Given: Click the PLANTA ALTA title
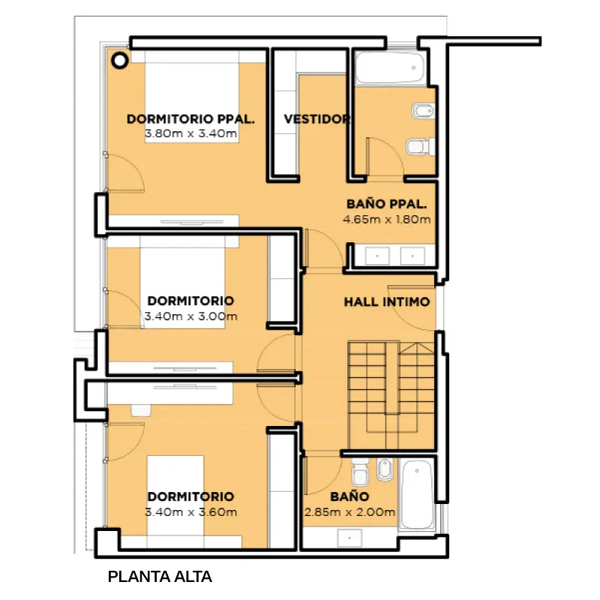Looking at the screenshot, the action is pyautogui.click(x=160, y=577).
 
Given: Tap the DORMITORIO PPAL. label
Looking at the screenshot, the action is pyautogui.click(x=190, y=119).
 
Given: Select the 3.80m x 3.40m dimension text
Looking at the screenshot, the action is pyautogui.click(x=191, y=134).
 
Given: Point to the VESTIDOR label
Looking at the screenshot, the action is pyautogui.click(x=316, y=119).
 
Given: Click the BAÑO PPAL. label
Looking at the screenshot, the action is pyautogui.click(x=386, y=204).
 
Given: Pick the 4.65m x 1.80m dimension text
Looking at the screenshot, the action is pyautogui.click(x=386, y=220).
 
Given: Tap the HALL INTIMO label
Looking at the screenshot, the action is pyautogui.click(x=387, y=302).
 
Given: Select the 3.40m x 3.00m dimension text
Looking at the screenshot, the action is pyautogui.click(x=190, y=316).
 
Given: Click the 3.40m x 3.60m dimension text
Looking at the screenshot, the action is pyautogui.click(x=190, y=512).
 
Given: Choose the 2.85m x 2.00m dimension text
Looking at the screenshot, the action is pyautogui.click(x=349, y=512).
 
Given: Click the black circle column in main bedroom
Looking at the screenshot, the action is pyautogui.click(x=120, y=61).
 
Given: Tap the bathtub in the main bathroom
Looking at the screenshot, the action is pyautogui.click(x=390, y=67).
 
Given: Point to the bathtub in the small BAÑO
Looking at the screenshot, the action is pyautogui.click(x=417, y=494).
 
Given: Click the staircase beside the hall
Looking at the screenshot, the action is pyautogui.click(x=391, y=396).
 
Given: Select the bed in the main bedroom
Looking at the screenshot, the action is pyautogui.click(x=192, y=97).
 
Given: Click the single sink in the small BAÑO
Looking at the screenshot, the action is pyautogui.click(x=349, y=538).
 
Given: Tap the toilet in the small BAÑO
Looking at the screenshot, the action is pyautogui.click(x=360, y=472).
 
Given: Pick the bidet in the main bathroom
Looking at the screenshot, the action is pyautogui.click(x=423, y=110).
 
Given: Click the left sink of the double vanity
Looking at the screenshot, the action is pyautogui.click(x=377, y=256).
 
